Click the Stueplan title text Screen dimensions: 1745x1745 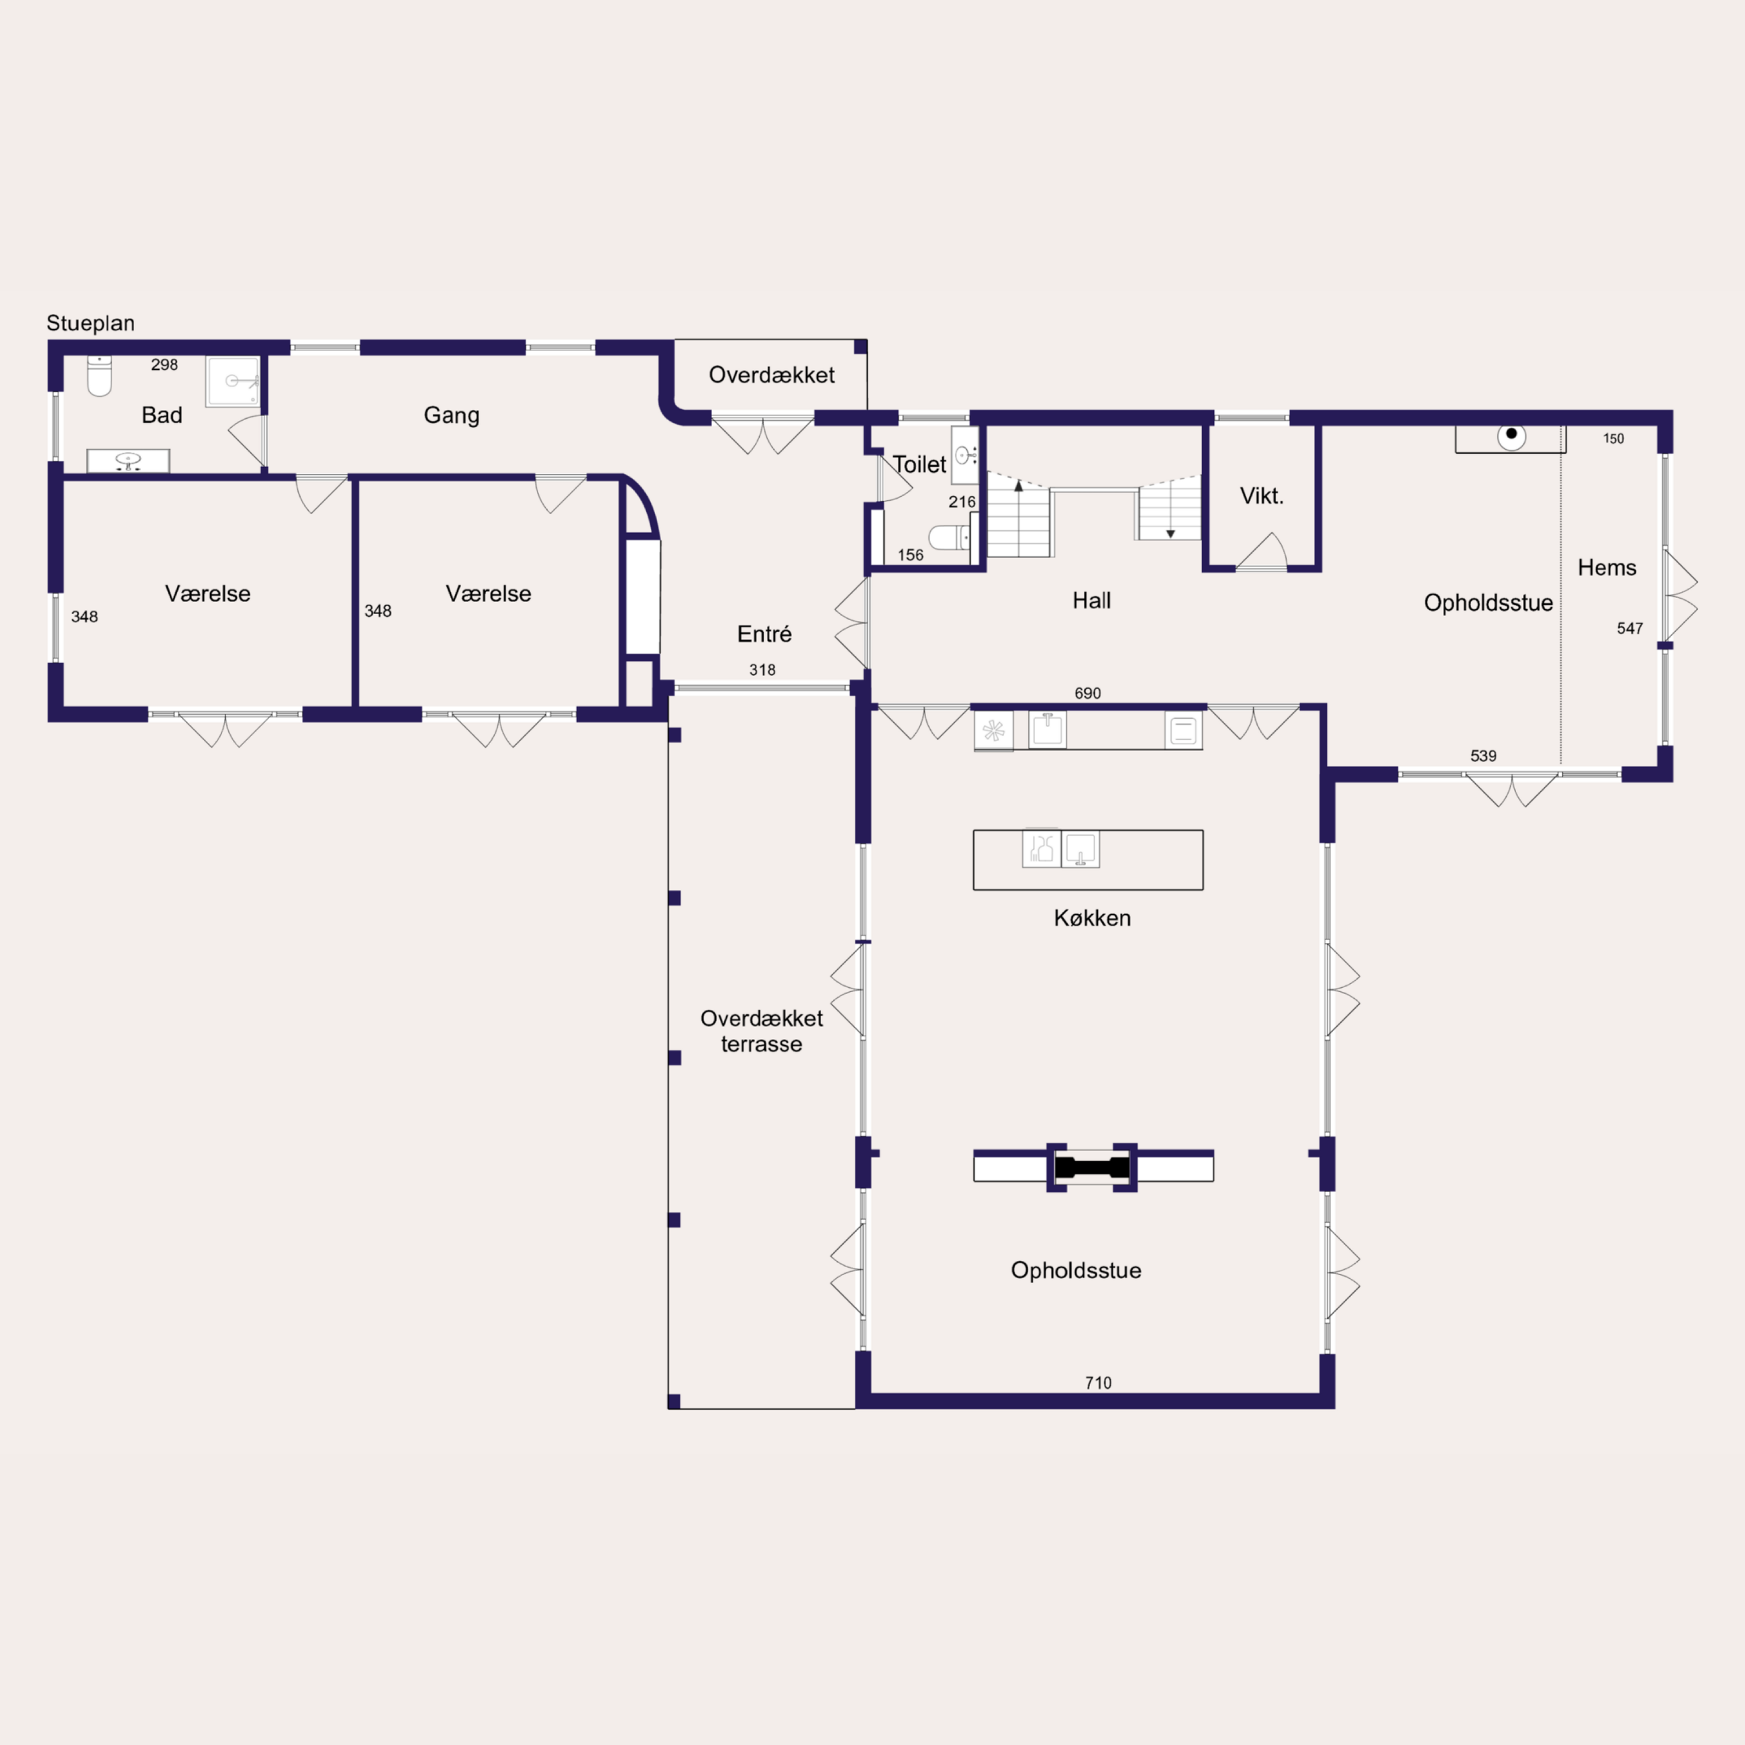(x=91, y=323)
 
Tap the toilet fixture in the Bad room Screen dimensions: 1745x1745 (x=99, y=376)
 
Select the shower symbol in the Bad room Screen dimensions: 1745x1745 (x=233, y=381)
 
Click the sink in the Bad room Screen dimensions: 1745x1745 (x=128, y=460)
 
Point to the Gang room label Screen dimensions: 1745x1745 (x=452, y=415)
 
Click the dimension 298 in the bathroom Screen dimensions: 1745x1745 (x=164, y=365)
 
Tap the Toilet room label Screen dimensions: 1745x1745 (x=919, y=464)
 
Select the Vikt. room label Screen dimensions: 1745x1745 (x=1262, y=496)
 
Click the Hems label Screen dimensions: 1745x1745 (x=1607, y=567)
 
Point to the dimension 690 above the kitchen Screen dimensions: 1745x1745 (x=1087, y=693)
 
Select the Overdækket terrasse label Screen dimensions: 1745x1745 (x=761, y=1031)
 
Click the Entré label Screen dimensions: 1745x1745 (x=764, y=634)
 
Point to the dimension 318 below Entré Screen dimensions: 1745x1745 (x=762, y=669)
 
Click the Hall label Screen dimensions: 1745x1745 (x=1091, y=601)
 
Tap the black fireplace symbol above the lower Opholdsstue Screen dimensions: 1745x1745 (x=1092, y=1167)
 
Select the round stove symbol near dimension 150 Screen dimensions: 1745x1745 (x=1511, y=436)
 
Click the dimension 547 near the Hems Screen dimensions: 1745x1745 (x=1630, y=628)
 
